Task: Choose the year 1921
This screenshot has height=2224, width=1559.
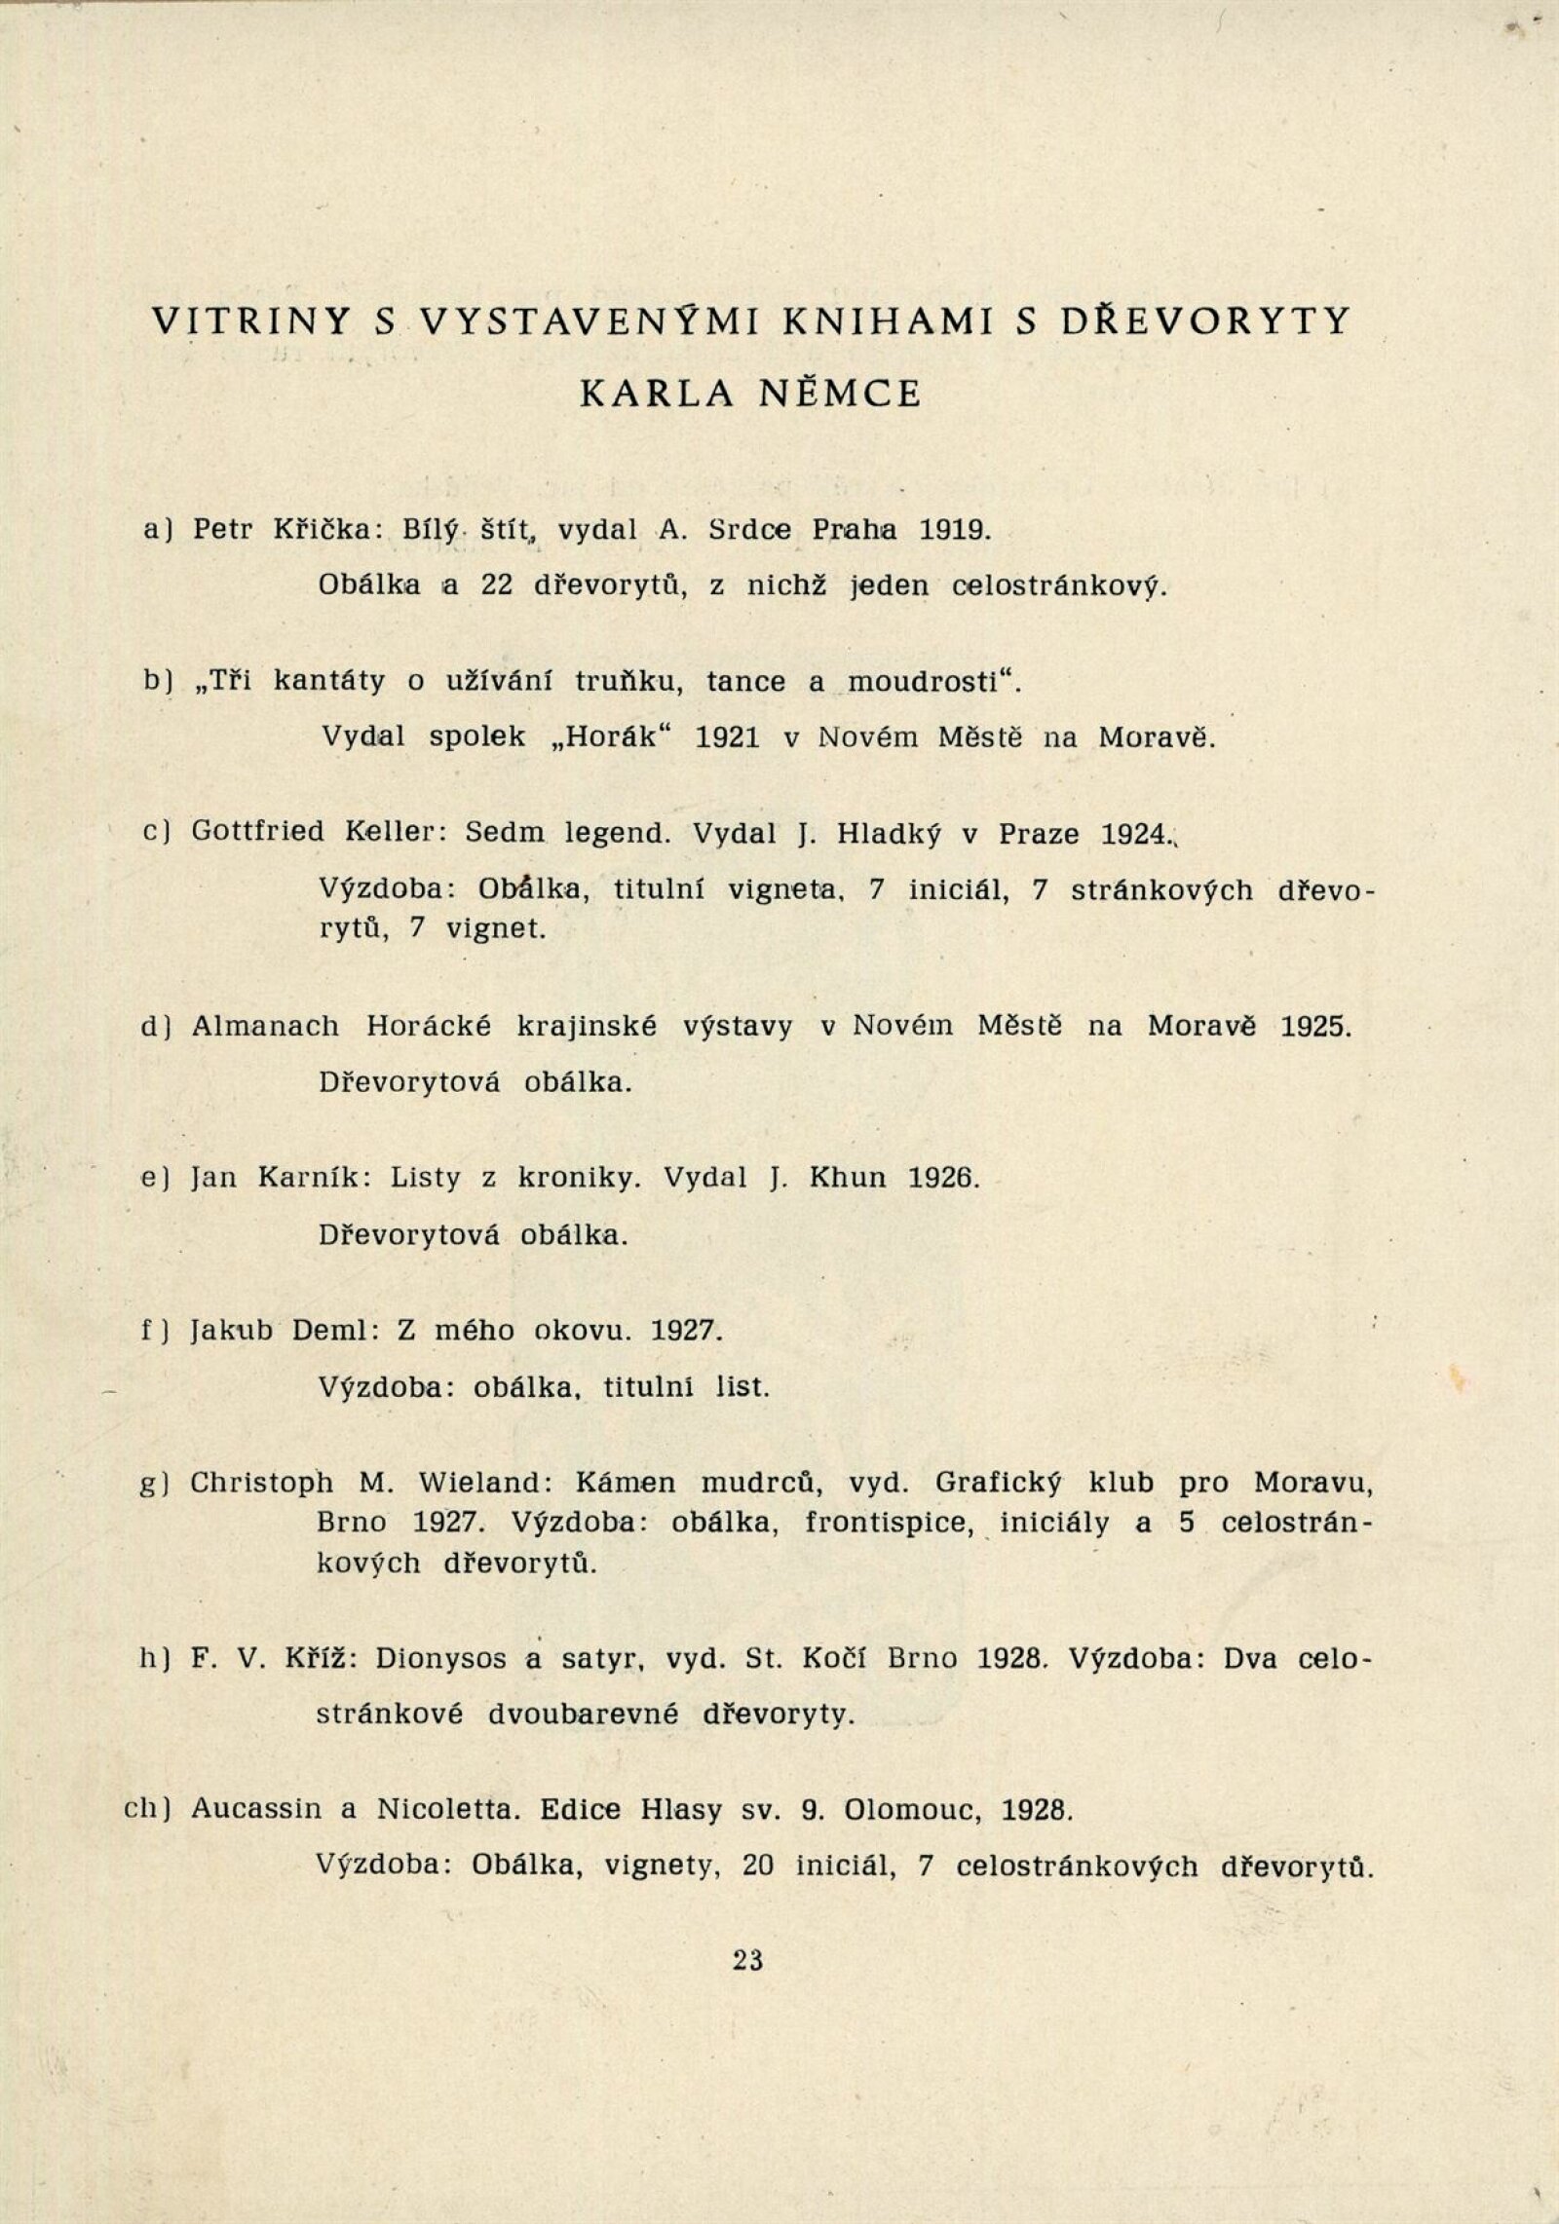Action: point(728,736)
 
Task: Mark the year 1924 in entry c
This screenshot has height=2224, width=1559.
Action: point(1134,834)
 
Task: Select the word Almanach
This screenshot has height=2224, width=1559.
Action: point(266,1027)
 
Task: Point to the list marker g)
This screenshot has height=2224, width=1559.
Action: point(153,1485)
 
